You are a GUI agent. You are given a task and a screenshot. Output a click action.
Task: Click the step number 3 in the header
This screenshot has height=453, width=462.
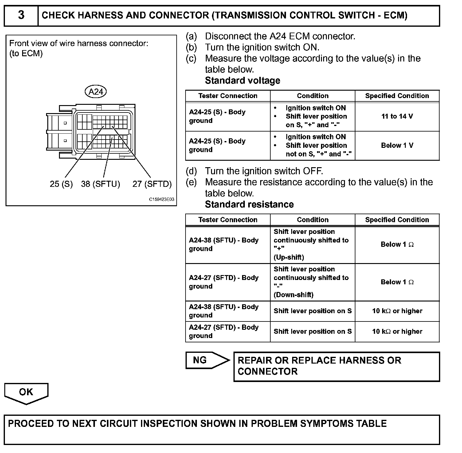point(21,15)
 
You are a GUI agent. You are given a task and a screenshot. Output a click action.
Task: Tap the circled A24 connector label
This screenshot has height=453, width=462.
point(96,92)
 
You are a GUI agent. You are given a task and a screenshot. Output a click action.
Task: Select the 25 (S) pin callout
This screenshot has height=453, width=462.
point(61,184)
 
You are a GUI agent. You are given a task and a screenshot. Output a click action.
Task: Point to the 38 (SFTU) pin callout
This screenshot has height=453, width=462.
point(100,184)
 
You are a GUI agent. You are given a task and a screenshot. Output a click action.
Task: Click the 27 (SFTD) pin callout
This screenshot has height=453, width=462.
point(152,184)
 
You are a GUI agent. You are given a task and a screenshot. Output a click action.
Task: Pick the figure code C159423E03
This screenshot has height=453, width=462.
point(162,199)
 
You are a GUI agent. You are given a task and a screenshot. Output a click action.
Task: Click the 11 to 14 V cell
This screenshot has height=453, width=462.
point(397,116)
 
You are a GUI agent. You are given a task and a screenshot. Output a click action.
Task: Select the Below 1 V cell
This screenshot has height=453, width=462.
point(397,145)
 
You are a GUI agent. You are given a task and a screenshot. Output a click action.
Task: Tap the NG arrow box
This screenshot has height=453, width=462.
point(206,360)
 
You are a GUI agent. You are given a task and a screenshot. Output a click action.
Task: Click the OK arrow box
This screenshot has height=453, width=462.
point(26,392)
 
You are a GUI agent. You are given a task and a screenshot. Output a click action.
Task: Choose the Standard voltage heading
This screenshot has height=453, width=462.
point(242,81)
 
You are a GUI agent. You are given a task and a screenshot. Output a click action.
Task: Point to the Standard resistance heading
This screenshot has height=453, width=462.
point(249,204)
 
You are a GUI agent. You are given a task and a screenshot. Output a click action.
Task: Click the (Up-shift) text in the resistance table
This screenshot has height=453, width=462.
point(289,257)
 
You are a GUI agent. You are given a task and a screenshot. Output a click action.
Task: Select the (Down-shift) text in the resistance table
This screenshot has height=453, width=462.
point(293,295)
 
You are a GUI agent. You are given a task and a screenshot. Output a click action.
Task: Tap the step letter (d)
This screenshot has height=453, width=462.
point(191,171)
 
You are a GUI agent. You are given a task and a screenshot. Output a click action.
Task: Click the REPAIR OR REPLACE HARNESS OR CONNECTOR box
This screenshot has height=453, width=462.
point(336,366)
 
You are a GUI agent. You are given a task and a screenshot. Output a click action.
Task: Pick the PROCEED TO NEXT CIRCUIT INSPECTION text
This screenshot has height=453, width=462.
point(197,423)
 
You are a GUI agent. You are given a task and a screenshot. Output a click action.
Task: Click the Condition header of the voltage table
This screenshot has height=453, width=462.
point(312,96)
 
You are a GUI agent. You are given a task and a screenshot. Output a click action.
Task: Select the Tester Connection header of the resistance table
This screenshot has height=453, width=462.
point(228,220)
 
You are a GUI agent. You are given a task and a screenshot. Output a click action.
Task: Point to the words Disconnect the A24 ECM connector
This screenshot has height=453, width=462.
point(280,36)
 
